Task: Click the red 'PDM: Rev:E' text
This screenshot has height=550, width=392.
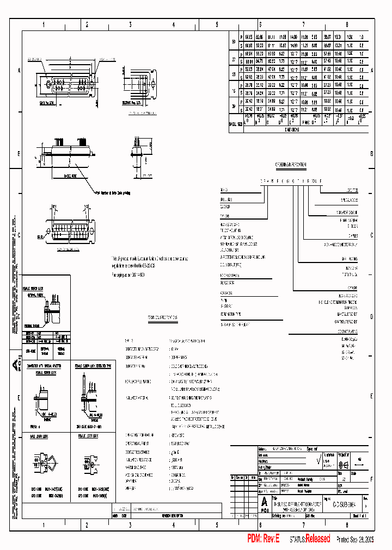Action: pos(263,539)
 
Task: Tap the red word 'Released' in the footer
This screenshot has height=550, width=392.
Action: pos(317,539)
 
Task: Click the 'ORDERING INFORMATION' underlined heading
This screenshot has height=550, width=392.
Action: pos(290,164)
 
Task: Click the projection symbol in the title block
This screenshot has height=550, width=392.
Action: pos(344,464)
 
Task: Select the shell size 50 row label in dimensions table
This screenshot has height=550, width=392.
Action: pos(234,42)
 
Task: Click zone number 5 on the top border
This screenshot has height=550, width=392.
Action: pos(217,25)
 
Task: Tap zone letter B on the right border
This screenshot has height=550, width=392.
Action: pos(372,154)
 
